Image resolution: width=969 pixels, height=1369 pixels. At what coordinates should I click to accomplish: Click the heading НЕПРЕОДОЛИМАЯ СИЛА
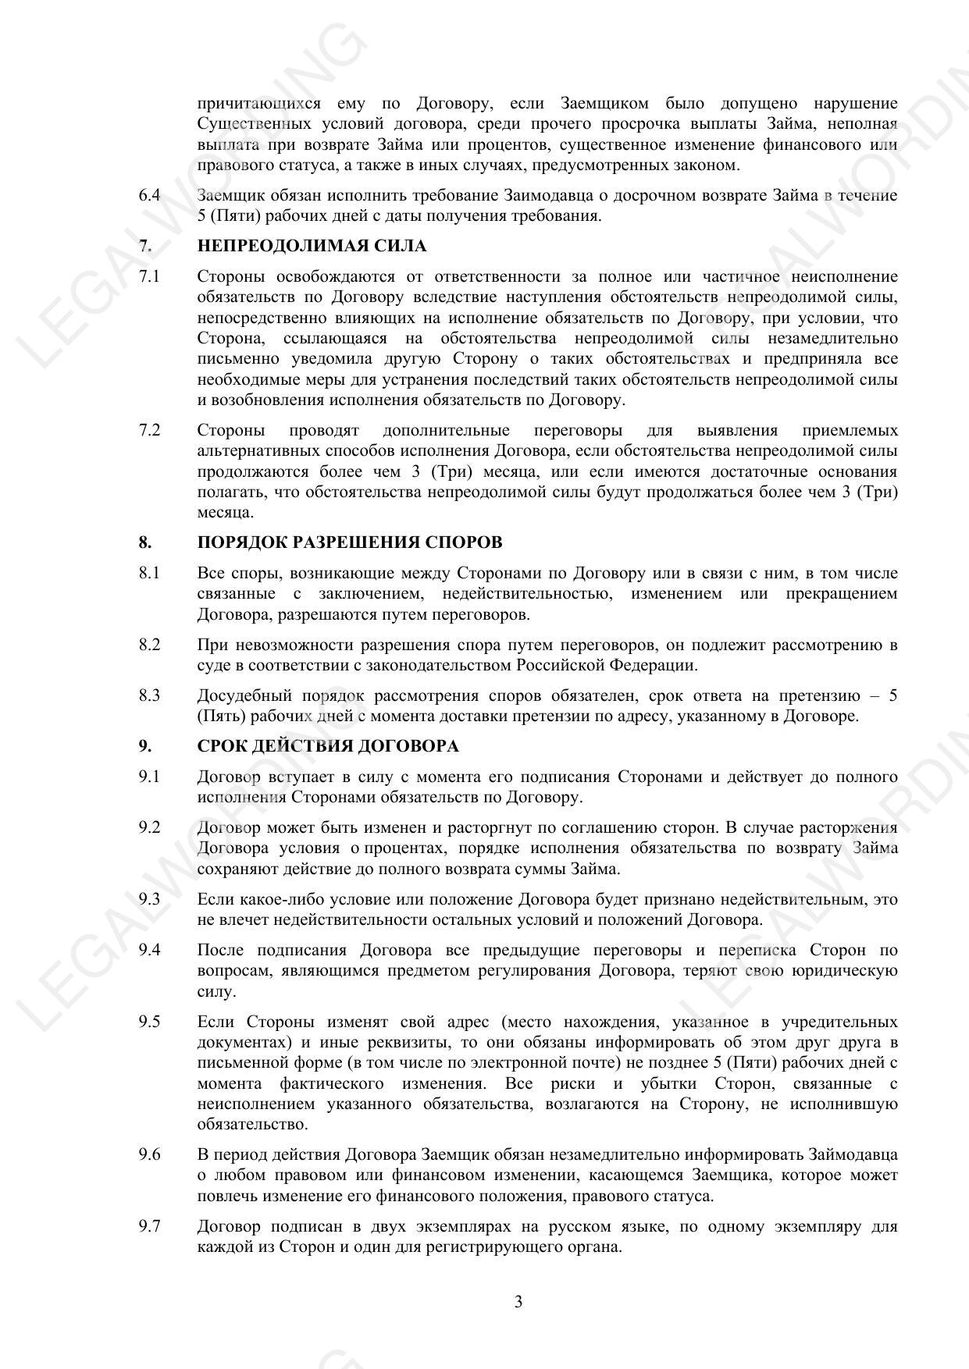point(312,247)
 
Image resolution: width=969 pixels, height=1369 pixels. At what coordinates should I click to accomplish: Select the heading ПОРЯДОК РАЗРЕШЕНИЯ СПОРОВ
point(350,542)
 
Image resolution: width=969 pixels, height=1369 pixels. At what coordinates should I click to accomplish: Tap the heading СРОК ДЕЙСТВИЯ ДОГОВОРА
point(328,746)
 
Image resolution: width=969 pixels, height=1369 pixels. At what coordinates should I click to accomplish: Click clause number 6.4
point(150,195)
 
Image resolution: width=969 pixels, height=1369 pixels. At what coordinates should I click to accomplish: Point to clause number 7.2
point(150,431)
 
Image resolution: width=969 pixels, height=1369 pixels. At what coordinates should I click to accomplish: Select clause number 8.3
point(150,695)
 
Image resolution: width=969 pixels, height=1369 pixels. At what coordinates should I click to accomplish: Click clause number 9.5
point(150,1022)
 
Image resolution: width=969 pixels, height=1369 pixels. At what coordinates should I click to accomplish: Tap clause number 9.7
point(150,1226)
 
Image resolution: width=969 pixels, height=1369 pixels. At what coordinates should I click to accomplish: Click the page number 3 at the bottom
point(518,1302)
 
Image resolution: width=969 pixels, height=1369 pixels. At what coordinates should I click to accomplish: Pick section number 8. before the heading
point(145,542)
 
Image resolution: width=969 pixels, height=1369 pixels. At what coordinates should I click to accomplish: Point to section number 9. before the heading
point(145,746)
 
